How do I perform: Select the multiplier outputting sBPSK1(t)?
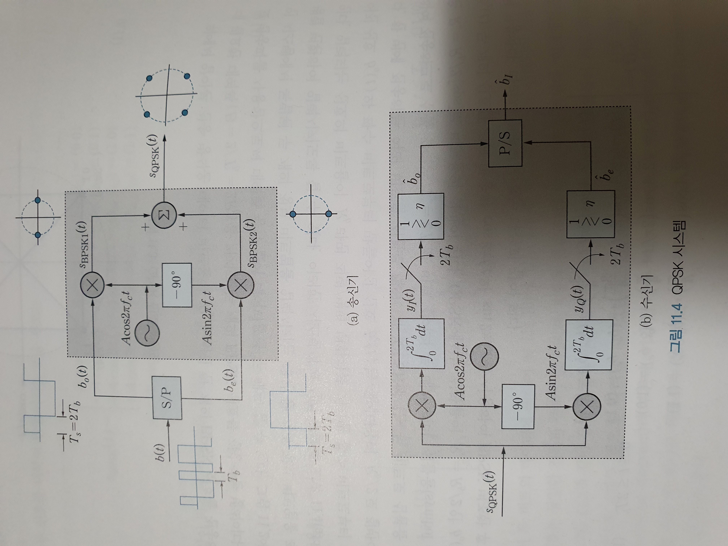(x=92, y=285)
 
